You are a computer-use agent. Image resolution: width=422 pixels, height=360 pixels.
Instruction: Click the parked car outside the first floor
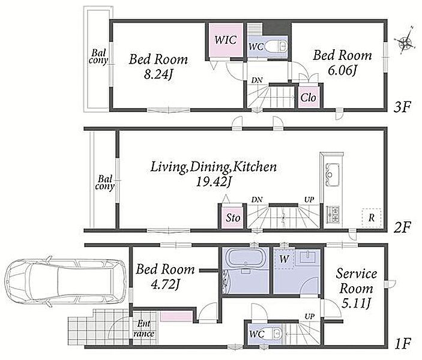[66, 282]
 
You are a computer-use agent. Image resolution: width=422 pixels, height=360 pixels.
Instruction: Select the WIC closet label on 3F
[226, 40]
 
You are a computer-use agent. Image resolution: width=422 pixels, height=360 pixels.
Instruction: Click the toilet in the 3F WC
[276, 46]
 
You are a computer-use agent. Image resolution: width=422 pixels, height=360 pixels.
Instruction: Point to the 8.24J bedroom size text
[158, 74]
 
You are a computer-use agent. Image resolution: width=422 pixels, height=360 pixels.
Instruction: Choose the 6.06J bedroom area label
[342, 70]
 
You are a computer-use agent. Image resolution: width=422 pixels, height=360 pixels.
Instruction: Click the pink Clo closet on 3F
[309, 98]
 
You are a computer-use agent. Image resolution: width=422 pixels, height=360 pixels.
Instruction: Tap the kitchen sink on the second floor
[333, 175]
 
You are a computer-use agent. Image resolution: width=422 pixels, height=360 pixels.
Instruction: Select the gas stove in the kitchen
[333, 214]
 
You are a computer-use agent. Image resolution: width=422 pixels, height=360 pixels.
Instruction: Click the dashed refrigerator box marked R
[372, 218]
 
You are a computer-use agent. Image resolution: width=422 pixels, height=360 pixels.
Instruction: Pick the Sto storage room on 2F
[233, 217]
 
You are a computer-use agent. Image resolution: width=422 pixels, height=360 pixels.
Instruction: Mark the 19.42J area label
[213, 182]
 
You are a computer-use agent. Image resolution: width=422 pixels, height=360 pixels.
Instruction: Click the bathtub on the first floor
[245, 259]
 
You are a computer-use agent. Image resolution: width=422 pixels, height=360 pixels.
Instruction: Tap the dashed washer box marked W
[284, 259]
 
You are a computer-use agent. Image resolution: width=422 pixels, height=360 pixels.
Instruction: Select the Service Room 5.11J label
[357, 289]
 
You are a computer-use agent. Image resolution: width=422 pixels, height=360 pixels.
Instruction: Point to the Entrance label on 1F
[143, 329]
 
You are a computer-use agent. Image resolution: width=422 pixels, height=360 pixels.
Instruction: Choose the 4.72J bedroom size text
[165, 284]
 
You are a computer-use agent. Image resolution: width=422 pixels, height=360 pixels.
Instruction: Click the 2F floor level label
[402, 228]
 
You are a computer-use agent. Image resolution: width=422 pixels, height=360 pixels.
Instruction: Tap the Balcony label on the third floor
[98, 56]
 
